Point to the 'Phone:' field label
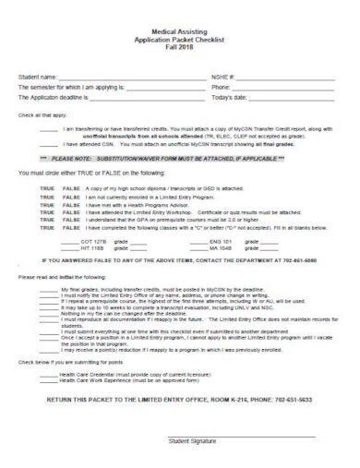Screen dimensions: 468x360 pos(222,85)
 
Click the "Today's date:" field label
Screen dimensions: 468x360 pos(230,96)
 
